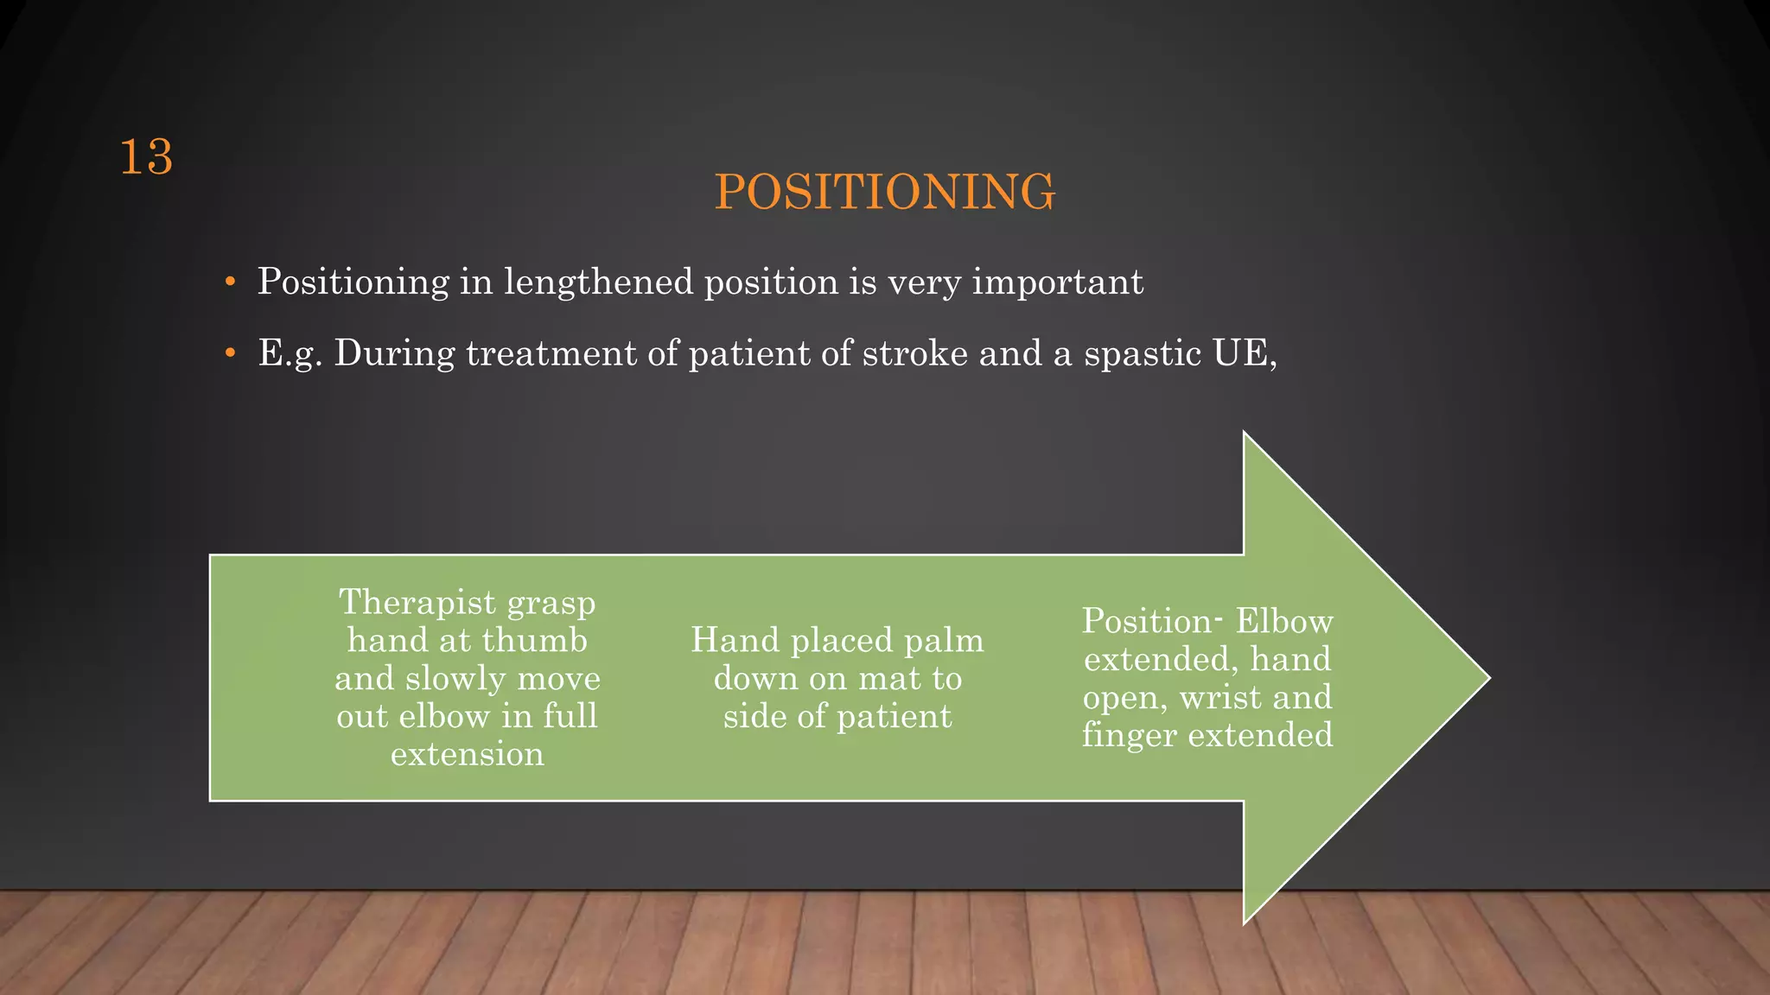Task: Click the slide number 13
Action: click(x=146, y=158)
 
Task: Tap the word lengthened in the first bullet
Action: click(x=598, y=282)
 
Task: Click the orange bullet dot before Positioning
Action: click(x=229, y=282)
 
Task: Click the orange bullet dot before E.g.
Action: click(x=229, y=353)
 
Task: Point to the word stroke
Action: click(x=915, y=353)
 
